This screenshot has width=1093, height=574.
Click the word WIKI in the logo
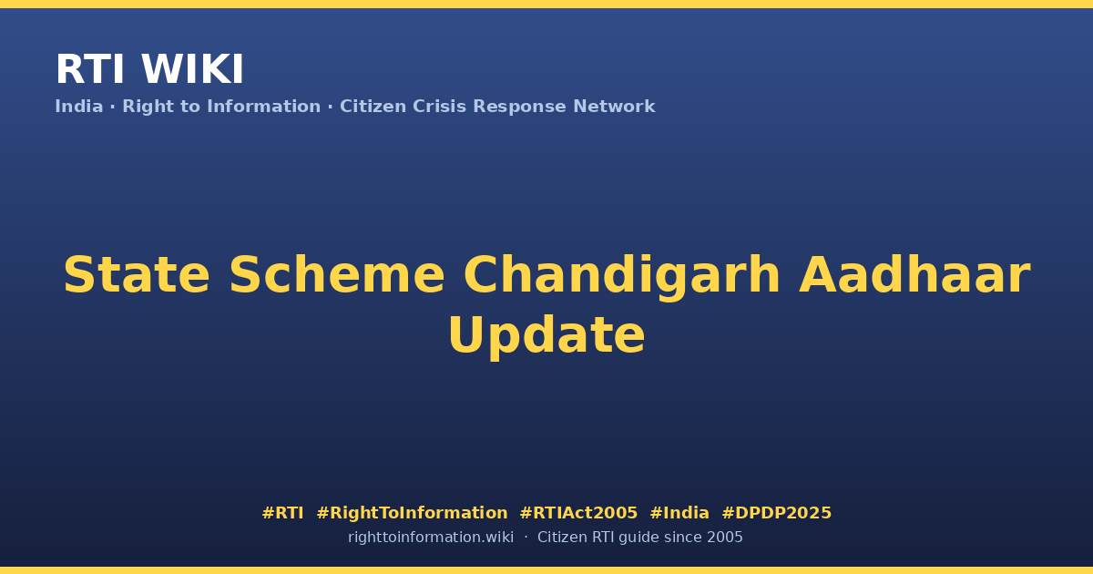(192, 69)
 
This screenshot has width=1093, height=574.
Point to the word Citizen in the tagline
(373, 107)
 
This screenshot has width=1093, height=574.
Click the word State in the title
(137, 275)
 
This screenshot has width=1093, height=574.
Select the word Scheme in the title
(337, 275)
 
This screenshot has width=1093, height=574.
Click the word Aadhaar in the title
(914, 274)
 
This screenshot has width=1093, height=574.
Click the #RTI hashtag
(282, 513)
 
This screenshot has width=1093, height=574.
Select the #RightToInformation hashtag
(412, 513)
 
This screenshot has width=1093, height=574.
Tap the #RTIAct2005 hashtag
(578, 513)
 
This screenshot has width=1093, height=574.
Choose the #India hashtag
(679, 513)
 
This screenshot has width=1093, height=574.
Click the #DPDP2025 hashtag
(776, 513)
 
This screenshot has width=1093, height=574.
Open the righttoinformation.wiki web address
(431, 538)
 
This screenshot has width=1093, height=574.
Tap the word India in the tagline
(79, 107)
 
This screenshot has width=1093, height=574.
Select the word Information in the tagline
(263, 107)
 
